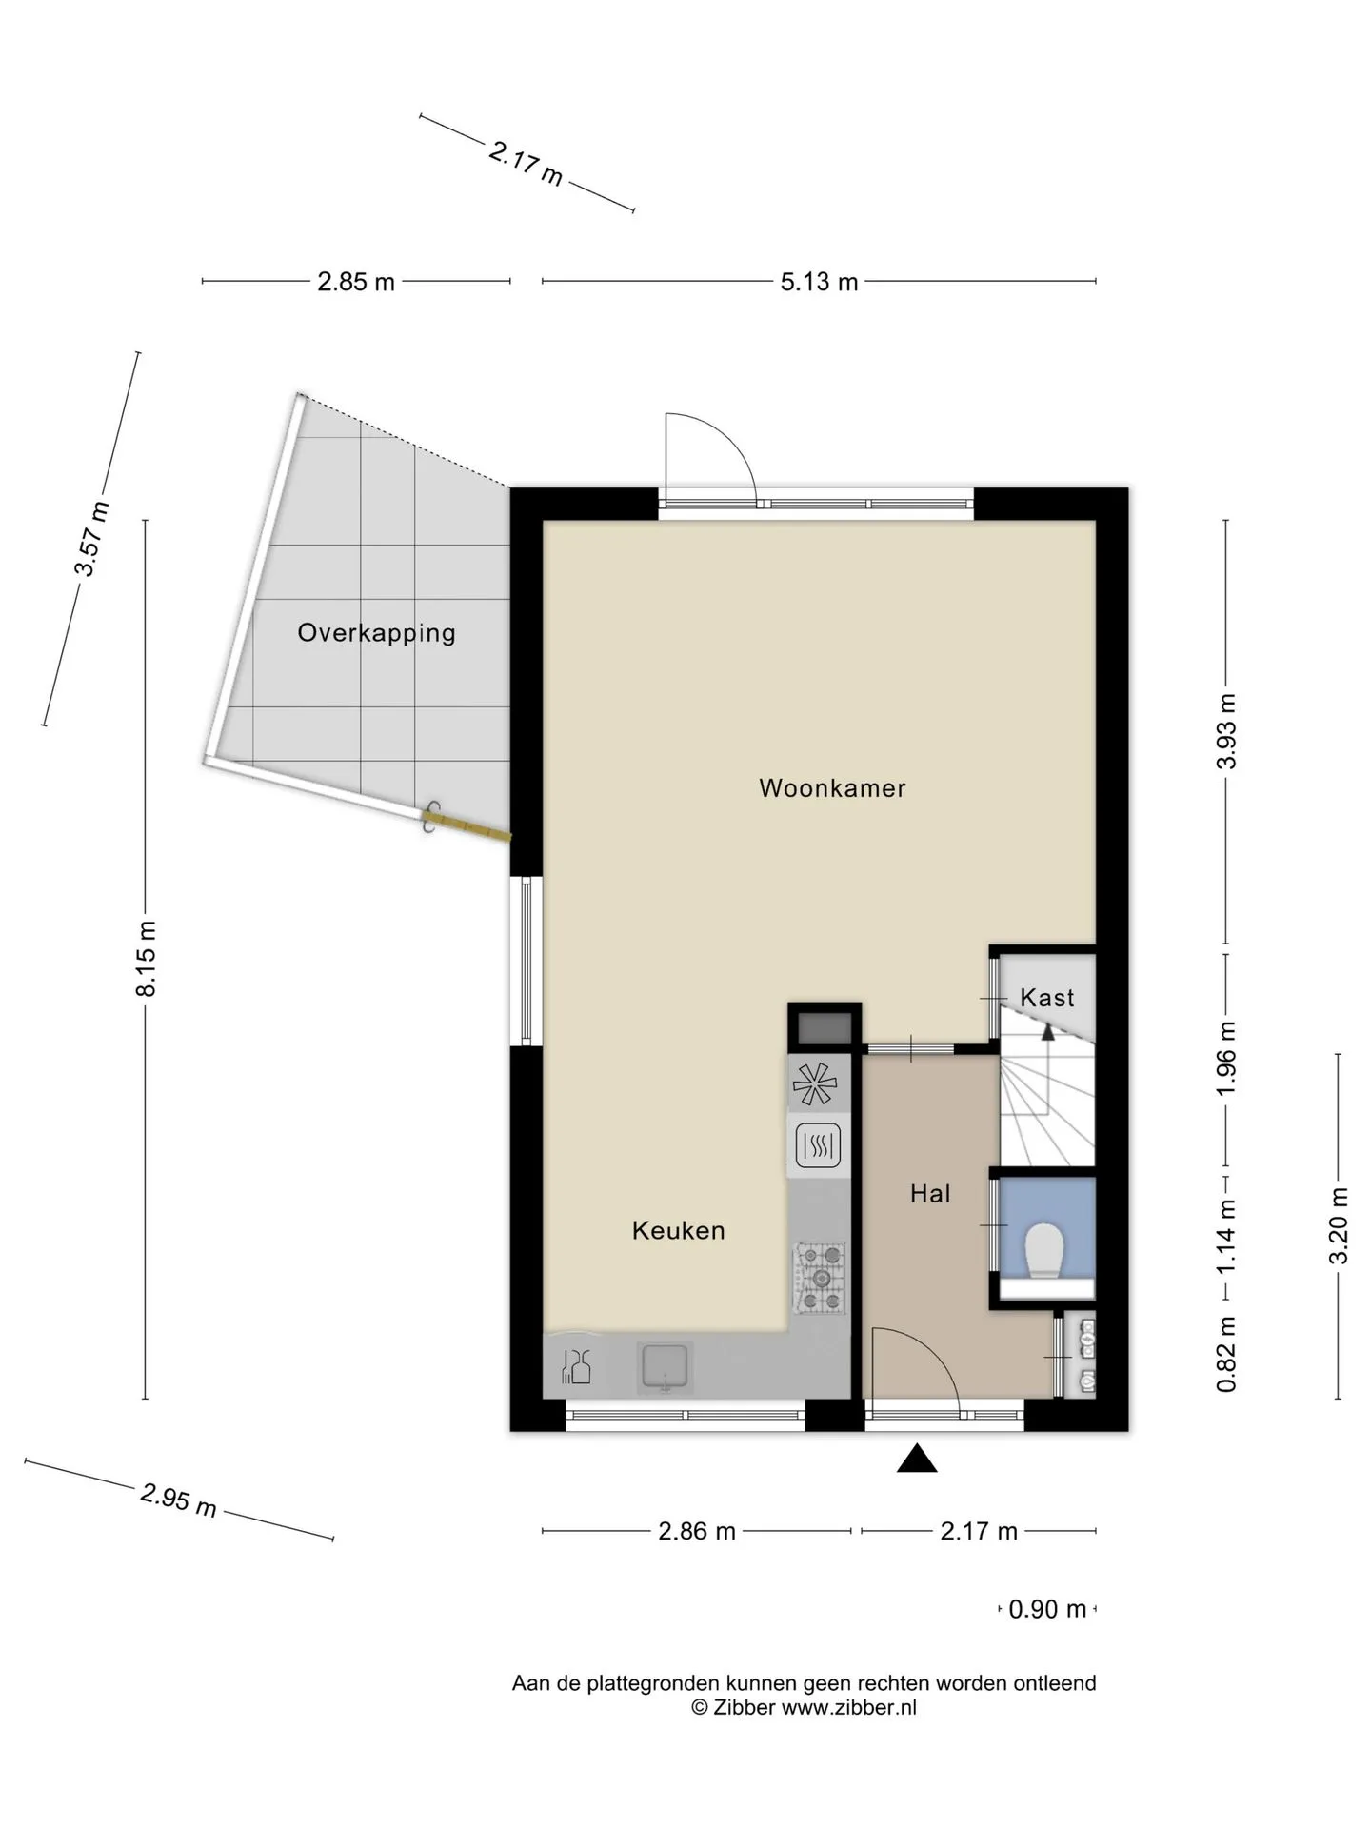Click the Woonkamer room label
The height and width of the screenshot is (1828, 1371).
coord(832,788)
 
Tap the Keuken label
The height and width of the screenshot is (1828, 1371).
coord(679,1231)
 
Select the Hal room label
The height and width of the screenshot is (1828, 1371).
coord(930,1194)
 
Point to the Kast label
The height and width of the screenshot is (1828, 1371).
coord(1047,998)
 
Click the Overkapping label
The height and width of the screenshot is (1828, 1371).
coord(376,633)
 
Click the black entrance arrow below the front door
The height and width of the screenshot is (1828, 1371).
coord(917,1458)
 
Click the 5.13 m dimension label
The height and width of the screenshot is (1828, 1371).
coord(819,282)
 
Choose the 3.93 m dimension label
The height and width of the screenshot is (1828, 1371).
coord(1227,731)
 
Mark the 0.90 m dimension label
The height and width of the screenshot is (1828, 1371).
coord(1047,1609)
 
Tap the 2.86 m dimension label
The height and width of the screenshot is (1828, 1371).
coord(697,1531)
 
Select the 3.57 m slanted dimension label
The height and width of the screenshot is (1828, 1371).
coord(91,539)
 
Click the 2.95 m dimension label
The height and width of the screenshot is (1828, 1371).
coord(179,1500)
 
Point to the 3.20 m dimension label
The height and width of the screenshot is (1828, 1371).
coord(1339,1225)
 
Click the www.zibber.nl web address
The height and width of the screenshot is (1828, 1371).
coord(849,1708)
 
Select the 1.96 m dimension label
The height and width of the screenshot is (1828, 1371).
coord(1227,1058)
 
